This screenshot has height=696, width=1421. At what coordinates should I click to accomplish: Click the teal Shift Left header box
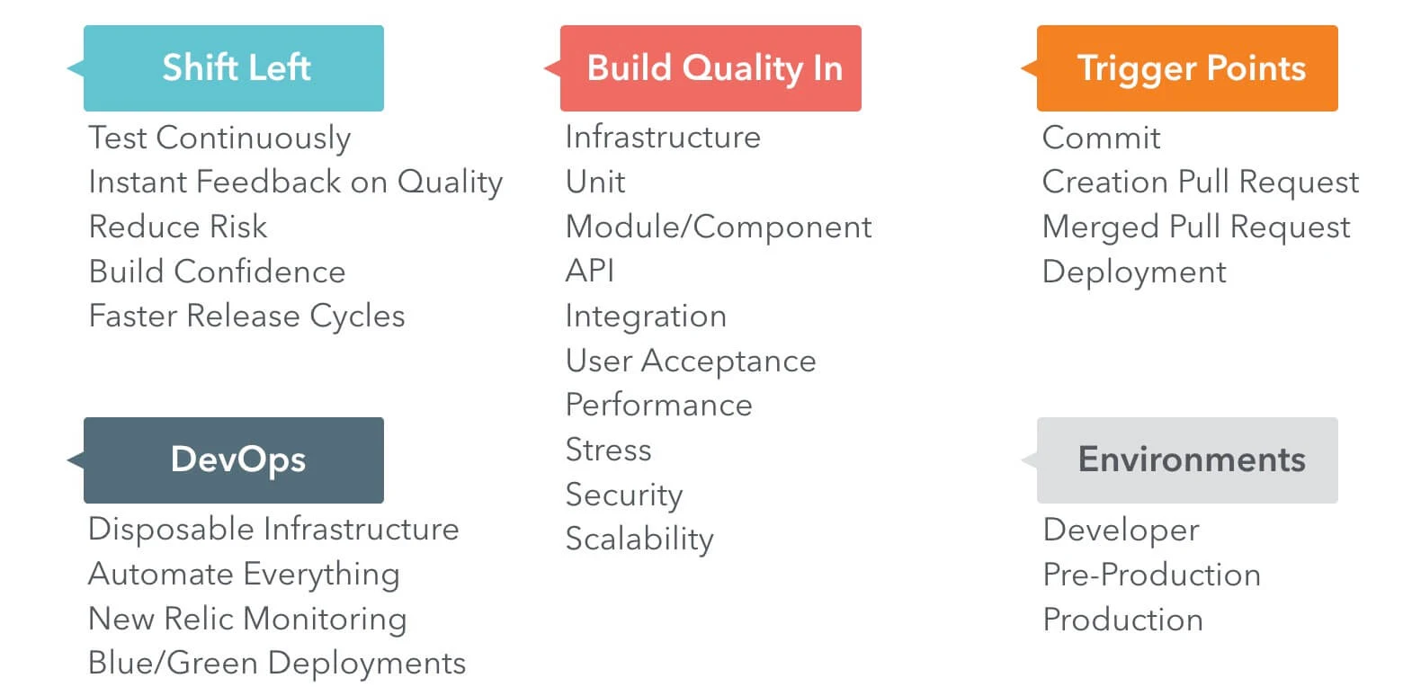point(234,68)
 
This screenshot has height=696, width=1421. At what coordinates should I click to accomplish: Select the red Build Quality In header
point(710,68)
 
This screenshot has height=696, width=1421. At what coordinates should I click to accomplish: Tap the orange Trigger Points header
point(1187,68)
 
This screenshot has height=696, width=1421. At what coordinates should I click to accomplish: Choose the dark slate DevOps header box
point(234,460)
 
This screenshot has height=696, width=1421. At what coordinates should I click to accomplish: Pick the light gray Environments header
point(1187,460)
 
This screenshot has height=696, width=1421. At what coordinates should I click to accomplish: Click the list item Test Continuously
point(219,138)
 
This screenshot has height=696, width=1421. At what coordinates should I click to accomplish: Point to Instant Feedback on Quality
point(295,183)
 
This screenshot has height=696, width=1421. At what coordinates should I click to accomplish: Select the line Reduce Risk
point(178,227)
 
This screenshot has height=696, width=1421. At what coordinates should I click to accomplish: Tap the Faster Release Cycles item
point(246,317)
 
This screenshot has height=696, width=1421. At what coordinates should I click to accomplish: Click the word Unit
point(595,183)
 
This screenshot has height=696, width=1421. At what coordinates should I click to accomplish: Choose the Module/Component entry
point(719,228)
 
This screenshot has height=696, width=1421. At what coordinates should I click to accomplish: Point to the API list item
point(590,272)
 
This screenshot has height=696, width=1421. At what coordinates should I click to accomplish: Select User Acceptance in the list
point(691,361)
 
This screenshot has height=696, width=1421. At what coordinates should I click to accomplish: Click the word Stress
point(608,450)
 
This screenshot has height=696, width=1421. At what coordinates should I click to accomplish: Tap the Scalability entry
point(639,539)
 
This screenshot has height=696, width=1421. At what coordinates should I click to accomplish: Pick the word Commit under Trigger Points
point(1101,138)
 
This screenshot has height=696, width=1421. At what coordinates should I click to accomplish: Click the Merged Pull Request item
point(1196,228)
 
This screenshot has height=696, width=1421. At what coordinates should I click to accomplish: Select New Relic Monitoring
point(247,619)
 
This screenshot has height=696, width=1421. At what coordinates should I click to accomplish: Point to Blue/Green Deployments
point(277,664)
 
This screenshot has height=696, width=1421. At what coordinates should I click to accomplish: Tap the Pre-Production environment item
point(1151,575)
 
